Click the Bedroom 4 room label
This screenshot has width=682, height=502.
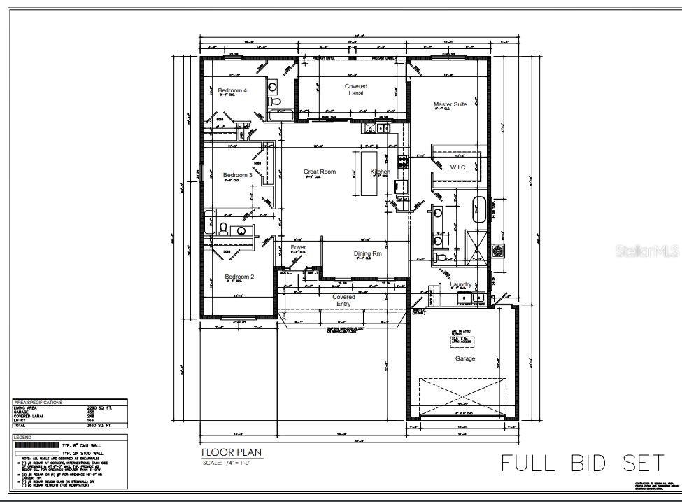[x=232, y=90]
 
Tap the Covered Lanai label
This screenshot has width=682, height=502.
[x=355, y=90]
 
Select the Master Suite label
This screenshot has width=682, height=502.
[x=450, y=104]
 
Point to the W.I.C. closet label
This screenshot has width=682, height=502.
[x=458, y=167]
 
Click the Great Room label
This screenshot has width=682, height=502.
[x=319, y=172]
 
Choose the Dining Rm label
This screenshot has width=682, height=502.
[x=367, y=253]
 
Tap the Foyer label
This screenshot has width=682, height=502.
[x=298, y=247]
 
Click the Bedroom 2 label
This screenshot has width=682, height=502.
[x=239, y=277]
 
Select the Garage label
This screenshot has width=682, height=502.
[x=465, y=358]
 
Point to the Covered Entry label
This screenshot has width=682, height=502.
[x=343, y=300]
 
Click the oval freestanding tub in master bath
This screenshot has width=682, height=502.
[x=479, y=210]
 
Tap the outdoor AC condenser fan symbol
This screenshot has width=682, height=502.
[x=497, y=250]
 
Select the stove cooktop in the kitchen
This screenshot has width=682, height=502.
[x=403, y=160]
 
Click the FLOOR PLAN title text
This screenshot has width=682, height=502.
[x=232, y=452]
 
